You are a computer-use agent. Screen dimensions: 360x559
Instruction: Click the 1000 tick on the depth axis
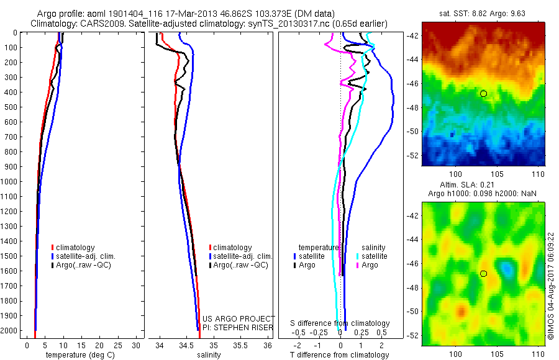coord(14,182)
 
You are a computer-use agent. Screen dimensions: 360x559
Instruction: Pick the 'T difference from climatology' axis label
coord(340,355)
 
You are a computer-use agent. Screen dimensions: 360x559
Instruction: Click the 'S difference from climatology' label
coord(340,323)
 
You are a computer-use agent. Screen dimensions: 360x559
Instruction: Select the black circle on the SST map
coord(483,93)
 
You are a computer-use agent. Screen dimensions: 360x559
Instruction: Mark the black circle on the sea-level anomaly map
coord(483,273)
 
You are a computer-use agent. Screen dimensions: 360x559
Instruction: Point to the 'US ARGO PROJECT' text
coord(239,318)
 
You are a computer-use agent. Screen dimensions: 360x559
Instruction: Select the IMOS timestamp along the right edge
coord(552,286)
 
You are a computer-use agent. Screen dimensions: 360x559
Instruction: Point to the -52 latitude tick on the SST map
coord(414,155)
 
